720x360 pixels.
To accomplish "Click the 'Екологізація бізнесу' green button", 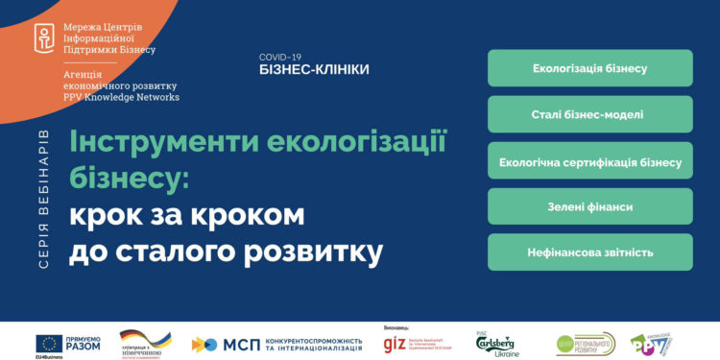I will tap(589, 69).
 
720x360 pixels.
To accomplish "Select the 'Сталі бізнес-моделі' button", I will tap(589, 115).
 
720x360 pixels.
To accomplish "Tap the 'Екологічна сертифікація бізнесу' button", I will tap(589, 161).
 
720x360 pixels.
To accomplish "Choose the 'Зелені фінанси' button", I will tap(589, 206).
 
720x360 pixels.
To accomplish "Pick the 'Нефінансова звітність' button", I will tap(589, 252).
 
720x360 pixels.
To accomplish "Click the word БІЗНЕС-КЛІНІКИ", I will tap(314, 70).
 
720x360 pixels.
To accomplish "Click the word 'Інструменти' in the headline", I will tap(163, 141).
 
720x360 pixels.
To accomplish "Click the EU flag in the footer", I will tap(49, 343).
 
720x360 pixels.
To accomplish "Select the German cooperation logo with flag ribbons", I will tap(147, 343).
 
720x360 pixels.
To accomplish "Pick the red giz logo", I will tap(394, 344).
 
